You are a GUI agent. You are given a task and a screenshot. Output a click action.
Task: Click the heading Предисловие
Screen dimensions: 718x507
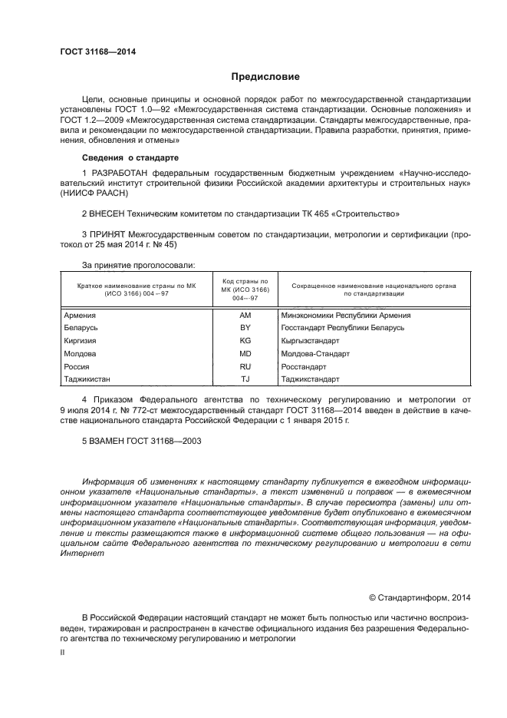[265, 77]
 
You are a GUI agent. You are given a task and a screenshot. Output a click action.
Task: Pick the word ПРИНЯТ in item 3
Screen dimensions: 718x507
[110, 233]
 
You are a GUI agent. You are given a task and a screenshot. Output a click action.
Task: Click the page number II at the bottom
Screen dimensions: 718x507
[63, 651]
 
